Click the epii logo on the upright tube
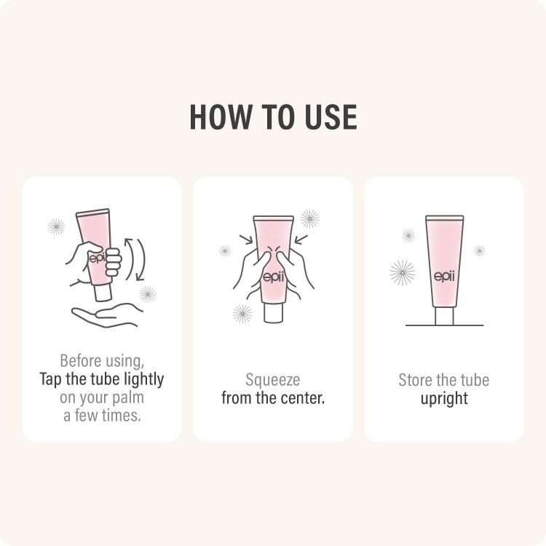[x=444, y=276]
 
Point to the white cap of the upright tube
[x=444, y=316]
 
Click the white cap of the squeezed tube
[x=273, y=313]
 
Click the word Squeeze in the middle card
[x=272, y=380]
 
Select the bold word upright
[x=444, y=398]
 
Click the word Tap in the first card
[x=52, y=379]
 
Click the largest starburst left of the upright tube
[x=403, y=272]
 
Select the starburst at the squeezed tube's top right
[x=310, y=218]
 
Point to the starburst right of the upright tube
[x=479, y=250]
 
